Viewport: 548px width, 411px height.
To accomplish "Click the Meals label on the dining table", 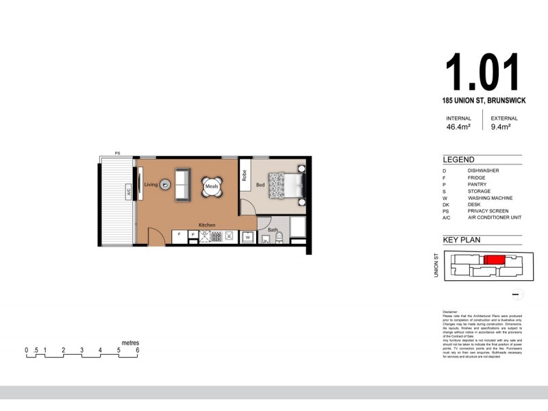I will (211, 185).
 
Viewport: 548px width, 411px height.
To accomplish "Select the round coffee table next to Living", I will (164, 185).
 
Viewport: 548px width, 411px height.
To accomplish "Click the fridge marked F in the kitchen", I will (179, 235).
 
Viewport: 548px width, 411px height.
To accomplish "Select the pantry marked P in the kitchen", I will (192, 235).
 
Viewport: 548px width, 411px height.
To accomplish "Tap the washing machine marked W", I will (247, 237).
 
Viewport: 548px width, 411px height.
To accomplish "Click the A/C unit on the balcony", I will (129, 193).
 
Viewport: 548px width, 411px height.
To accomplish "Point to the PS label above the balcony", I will (117, 153).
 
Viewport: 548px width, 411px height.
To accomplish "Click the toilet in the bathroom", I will (279, 238).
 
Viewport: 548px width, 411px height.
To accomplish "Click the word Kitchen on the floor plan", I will (208, 225).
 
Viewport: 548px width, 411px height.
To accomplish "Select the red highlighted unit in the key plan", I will (494, 260).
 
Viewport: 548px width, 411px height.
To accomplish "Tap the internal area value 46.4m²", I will (458, 127).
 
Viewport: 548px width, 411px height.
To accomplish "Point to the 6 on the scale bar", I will (138, 350).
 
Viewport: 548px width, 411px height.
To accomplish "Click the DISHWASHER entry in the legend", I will (483, 171).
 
